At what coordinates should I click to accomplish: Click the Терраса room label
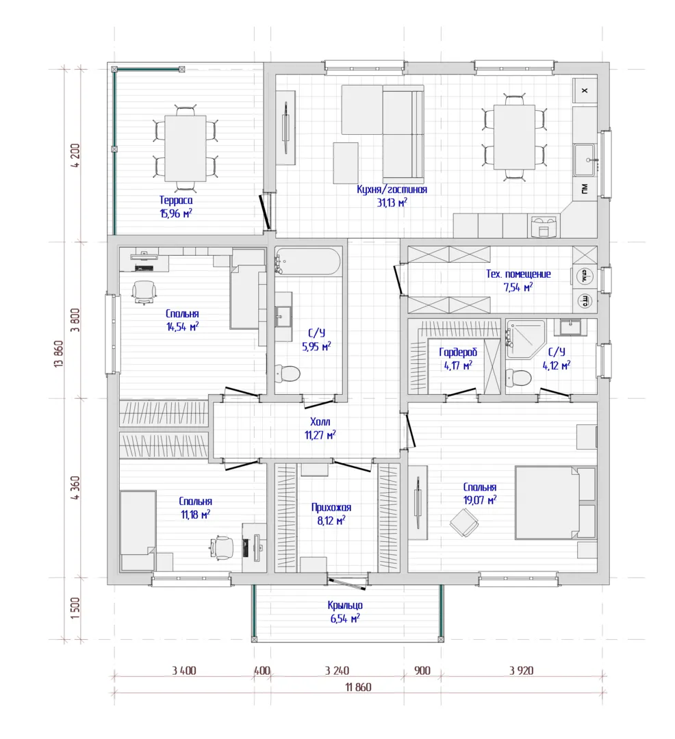[176, 200]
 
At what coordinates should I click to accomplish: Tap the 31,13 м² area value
[392, 203]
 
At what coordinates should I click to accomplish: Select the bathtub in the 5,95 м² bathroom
[308, 261]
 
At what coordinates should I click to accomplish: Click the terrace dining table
[186, 148]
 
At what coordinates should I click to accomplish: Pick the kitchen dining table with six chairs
[514, 137]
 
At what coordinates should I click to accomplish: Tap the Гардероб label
[458, 352]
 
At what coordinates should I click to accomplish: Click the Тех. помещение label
[518, 274]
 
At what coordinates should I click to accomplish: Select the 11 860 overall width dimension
[358, 687]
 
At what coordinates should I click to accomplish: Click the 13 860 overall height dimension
[59, 354]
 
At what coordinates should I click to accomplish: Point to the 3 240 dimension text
[337, 670]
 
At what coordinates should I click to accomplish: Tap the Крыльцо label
[345, 606]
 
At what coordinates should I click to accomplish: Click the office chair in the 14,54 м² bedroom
[144, 291]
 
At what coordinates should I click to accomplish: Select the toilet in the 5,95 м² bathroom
[288, 374]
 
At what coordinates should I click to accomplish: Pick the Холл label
[320, 422]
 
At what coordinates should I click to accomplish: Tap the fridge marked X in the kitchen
[585, 90]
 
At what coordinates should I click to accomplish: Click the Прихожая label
[331, 508]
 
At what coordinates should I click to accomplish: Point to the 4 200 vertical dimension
[75, 155]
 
